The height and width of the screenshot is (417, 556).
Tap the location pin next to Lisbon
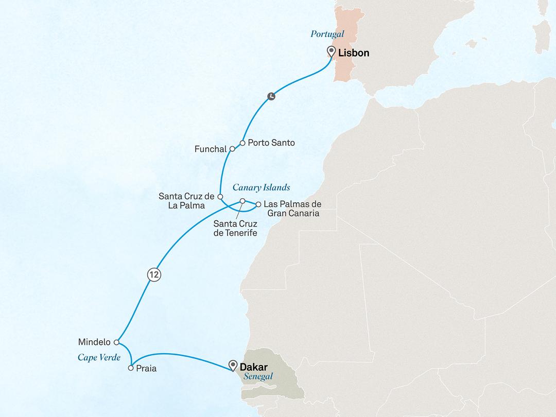[x=332, y=51]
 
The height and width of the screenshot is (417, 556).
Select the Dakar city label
[x=254, y=367]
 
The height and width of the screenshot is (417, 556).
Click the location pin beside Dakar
[x=233, y=366]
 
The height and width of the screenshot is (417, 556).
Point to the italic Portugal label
[x=326, y=34]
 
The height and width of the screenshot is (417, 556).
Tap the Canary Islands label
[x=262, y=187]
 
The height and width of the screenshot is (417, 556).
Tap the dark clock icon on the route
[x=271, y=96]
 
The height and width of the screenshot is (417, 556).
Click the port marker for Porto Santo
[x=242, y=143]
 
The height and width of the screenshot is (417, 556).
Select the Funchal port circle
[x=232, y=149]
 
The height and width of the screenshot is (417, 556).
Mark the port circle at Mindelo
[x=117, y=342]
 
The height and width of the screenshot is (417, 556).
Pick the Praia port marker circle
[x=131, y=368]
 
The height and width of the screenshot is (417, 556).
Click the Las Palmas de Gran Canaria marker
[x=258, y=204]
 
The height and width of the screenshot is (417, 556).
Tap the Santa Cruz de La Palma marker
[x=220, y=197]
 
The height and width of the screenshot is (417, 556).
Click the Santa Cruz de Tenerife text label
[x=235, y=229]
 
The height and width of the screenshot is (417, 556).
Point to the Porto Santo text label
[x=271, y=143]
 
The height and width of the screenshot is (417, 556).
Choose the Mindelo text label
[x=94, y=341]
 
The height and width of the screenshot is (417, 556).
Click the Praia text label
[x=147, y=369]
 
